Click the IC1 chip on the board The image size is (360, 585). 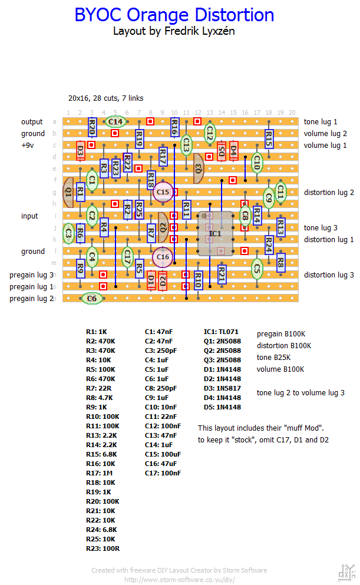[215, 234]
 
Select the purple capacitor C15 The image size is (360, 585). [163, 192]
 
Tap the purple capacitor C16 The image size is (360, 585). [163, 257]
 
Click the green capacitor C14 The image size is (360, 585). [115, 122]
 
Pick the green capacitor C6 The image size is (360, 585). [92, 299]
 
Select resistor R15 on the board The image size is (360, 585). [269, 139]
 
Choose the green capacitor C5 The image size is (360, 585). [257, 269]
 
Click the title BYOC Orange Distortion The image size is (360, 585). [174, 15]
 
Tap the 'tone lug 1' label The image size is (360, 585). [321, 122]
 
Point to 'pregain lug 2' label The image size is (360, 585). [32, 299]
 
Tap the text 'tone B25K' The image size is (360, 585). [275, 358]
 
